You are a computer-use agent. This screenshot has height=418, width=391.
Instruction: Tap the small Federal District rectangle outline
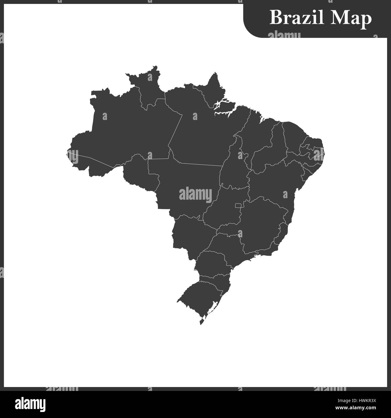(238, 206)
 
